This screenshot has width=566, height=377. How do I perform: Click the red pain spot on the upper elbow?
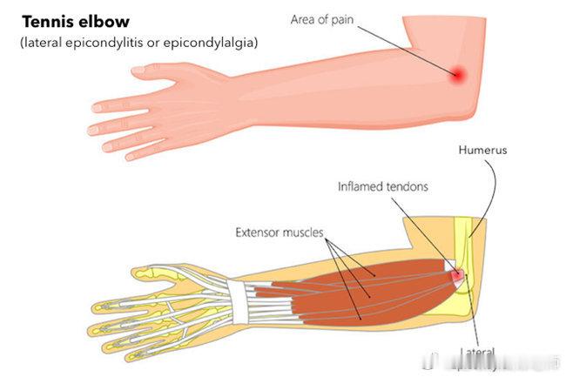457,75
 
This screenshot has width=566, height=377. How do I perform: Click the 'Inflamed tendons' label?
383,185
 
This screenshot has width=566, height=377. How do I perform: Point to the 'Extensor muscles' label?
280,233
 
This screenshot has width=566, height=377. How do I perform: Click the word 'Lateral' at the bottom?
478,353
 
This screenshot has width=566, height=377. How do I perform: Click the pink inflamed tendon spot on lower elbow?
455,275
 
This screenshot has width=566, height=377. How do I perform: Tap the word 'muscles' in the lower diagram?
301,233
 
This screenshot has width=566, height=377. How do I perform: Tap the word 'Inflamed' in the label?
360,185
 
